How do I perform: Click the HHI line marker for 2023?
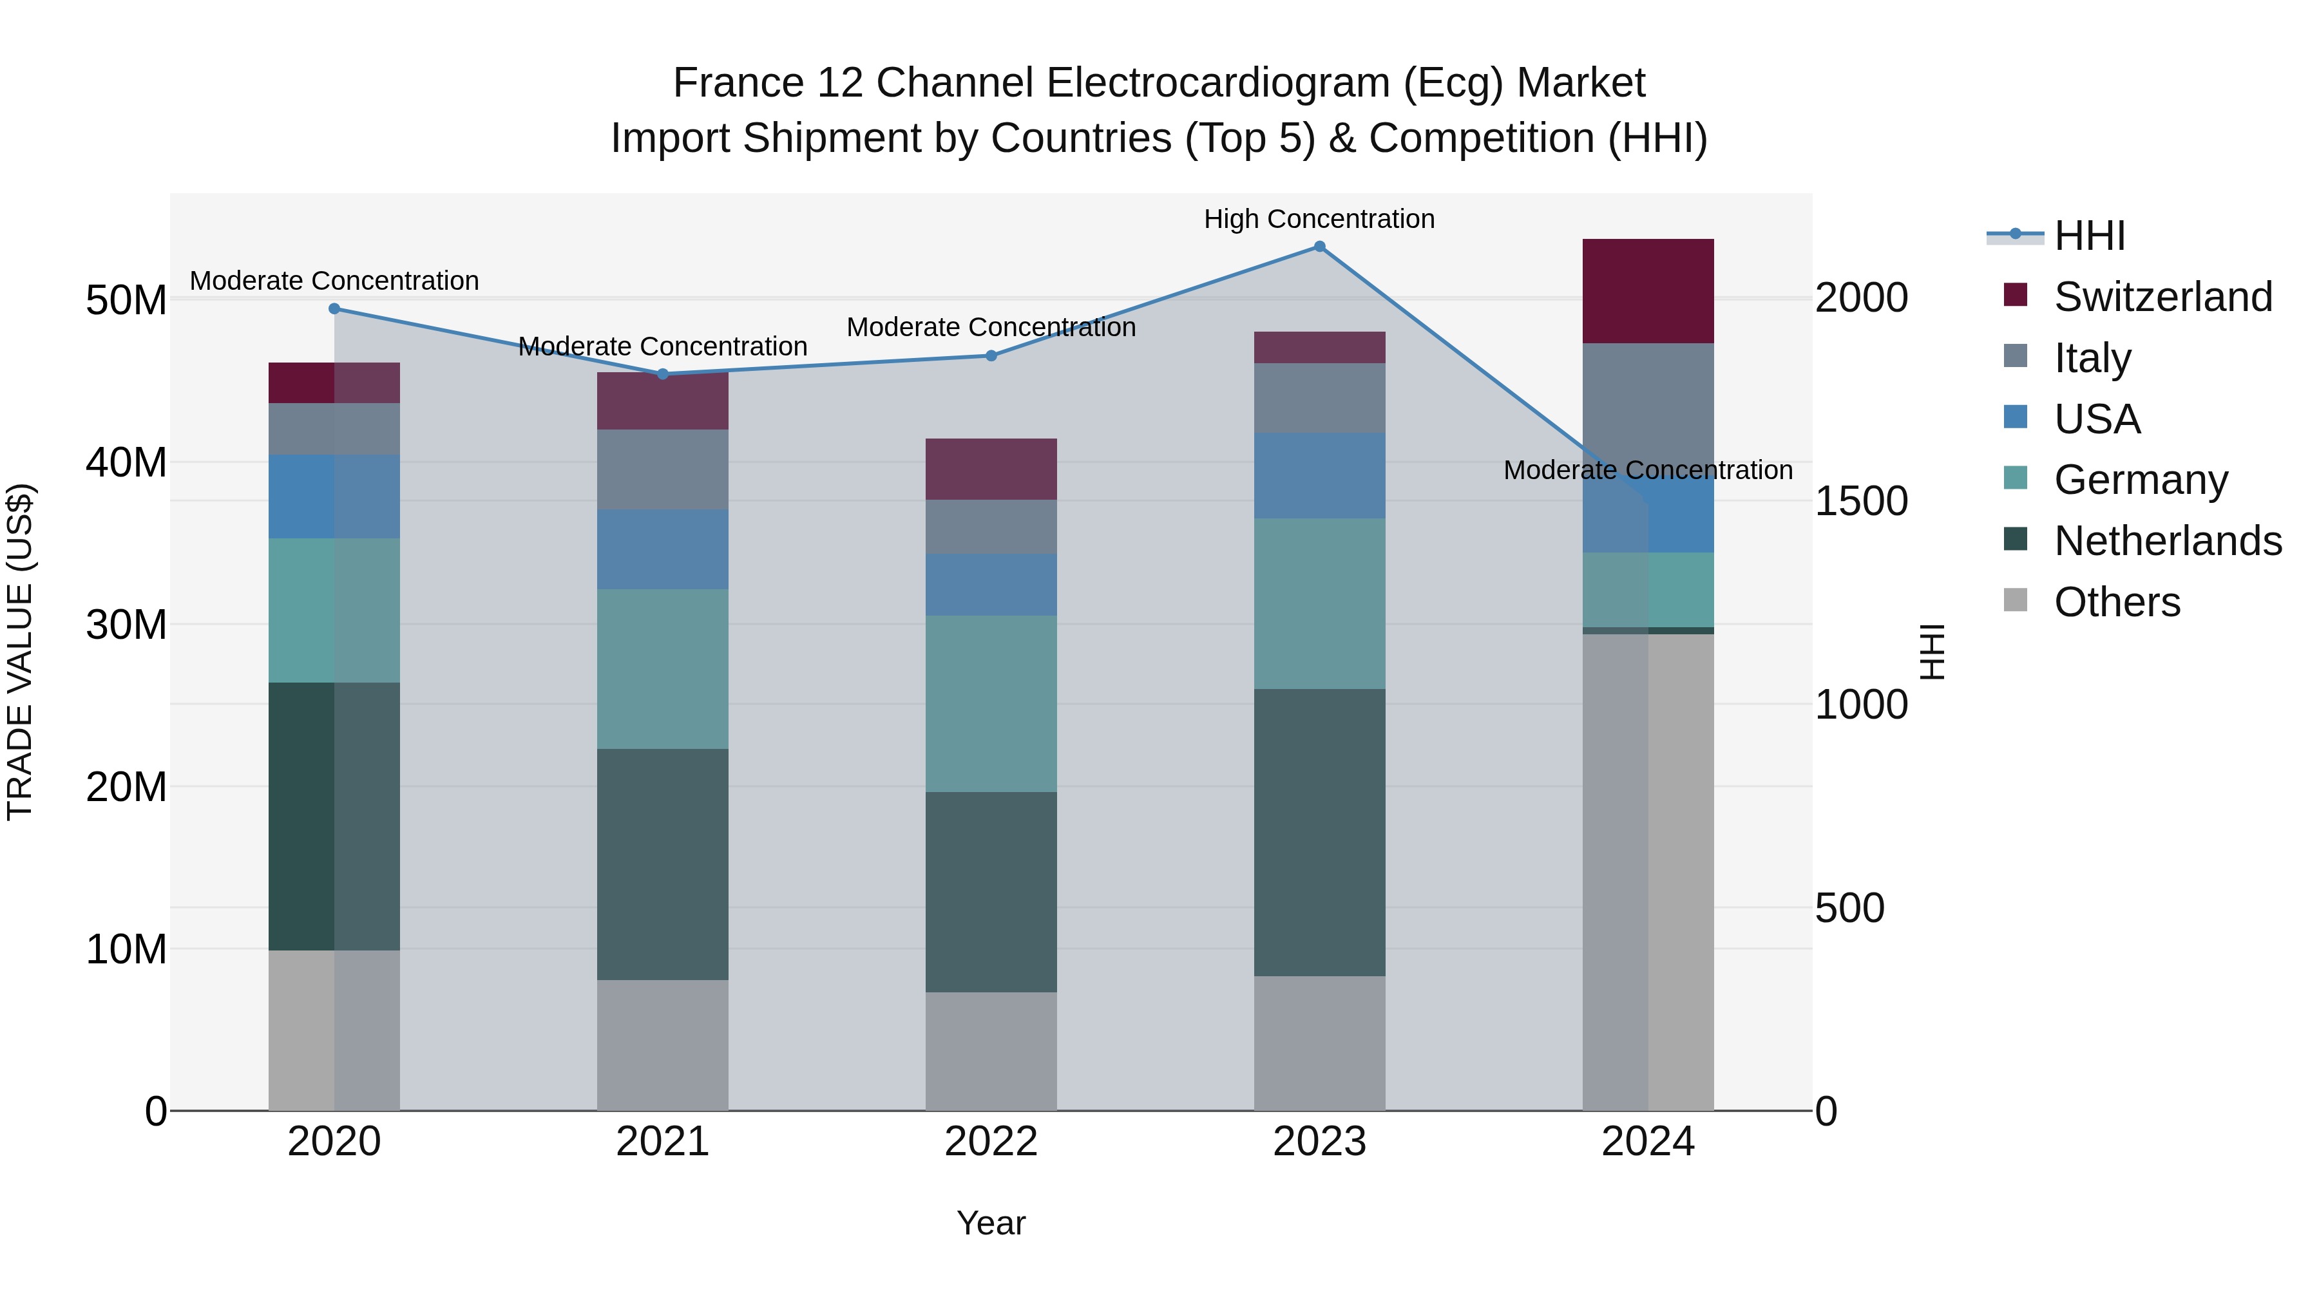(x=1319, y=247)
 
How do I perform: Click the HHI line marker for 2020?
(x=334, y=308)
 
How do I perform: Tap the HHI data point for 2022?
(x=991, y=355)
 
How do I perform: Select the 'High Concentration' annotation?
(x=1319, y=220)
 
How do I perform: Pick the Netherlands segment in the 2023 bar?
(x=1319, y=833)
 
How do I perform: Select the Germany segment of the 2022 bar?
(x=991, y=704)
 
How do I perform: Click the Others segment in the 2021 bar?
(x=663, y=1045)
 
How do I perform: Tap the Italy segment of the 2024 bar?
(x=1647, y=405)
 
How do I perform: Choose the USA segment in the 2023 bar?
(x=1319, y=475)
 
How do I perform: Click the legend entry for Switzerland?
(x=2162, y=297)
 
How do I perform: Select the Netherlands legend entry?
(x=2167, y=541)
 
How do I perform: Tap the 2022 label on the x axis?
(x=991, y=1142)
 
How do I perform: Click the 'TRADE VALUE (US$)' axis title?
(x=21, y=652)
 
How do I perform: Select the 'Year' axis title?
(x=991, y=1223)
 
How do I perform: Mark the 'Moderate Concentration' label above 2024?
(x=1647, y=470)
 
